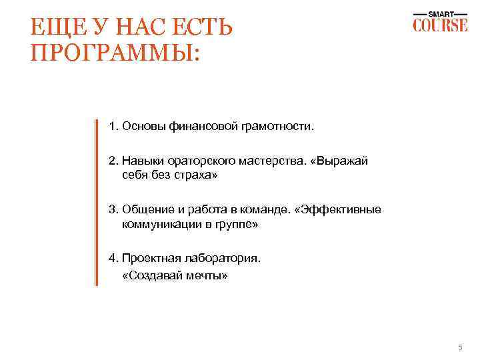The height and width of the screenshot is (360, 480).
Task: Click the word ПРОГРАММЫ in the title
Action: tap(115, 53)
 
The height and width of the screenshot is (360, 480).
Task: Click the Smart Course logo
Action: tap(439, 22)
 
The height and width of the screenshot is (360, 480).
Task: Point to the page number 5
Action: tap(459, 347)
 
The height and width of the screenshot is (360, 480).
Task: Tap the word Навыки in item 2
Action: tap(140, 161)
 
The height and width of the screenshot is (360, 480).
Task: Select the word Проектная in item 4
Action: tap(147, 259)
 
